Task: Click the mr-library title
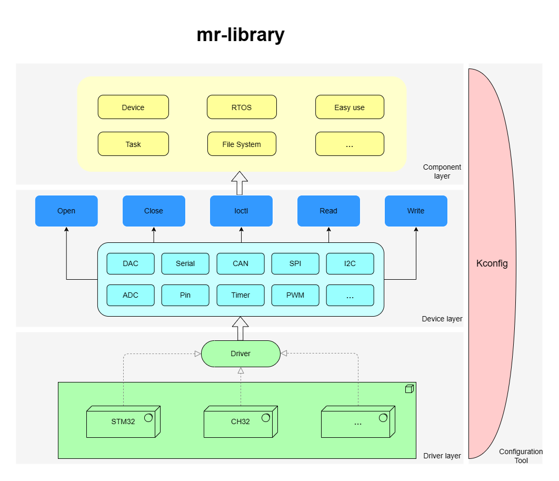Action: pos(241,35)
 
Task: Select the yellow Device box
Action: pos(133,107)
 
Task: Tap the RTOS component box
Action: pos(242,107)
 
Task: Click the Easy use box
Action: pos(350,107)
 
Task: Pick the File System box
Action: pos(242,144)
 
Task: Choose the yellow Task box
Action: pos(133,144)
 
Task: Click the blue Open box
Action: pos(66,211)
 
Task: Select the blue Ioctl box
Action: pos(241,211)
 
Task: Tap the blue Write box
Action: pos(416,211)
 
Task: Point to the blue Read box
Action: pos(328,211)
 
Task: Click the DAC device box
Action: pos(131,263)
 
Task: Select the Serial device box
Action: pos(185,263)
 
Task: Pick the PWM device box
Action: pos(295,295)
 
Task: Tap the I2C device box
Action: pos(350,263)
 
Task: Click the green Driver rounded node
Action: pos(241,354)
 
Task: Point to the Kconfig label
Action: pos(492,263)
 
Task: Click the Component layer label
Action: pos(442,171)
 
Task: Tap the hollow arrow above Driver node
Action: pos(241,328)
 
